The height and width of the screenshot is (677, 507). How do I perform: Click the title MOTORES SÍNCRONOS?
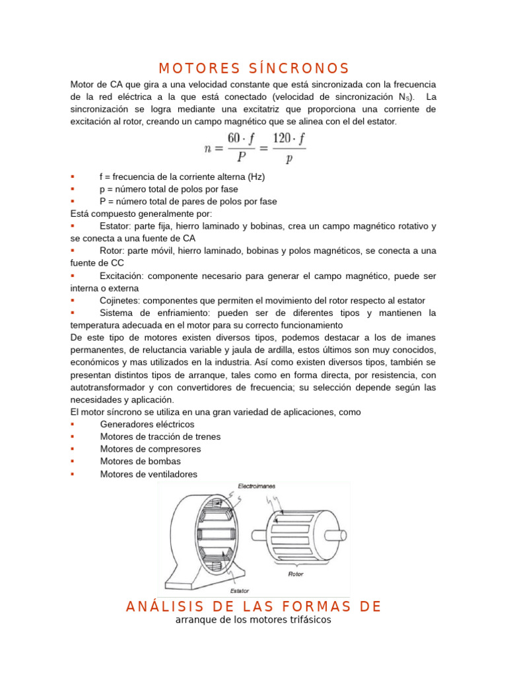coord(253,69)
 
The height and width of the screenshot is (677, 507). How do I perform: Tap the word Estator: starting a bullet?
coord(115,226)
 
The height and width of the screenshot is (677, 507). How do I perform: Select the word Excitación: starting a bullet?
coord(123,276)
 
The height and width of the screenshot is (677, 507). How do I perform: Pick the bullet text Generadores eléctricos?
coord(147,424)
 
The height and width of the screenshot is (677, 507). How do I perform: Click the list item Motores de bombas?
coord(140,461)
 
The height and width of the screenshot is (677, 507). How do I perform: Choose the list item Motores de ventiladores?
coord(149,473)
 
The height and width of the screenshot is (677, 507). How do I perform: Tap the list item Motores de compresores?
coord(151,449)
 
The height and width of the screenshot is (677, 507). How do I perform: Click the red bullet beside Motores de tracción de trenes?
coord(73,436)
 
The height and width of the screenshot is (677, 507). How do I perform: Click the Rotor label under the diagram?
coord(296,574)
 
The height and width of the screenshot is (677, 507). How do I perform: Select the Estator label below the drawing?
coord(239,590)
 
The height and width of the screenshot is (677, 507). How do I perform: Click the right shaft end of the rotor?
coord(341,534)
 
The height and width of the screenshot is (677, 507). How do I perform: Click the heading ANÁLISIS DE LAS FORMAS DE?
coord(253,607)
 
